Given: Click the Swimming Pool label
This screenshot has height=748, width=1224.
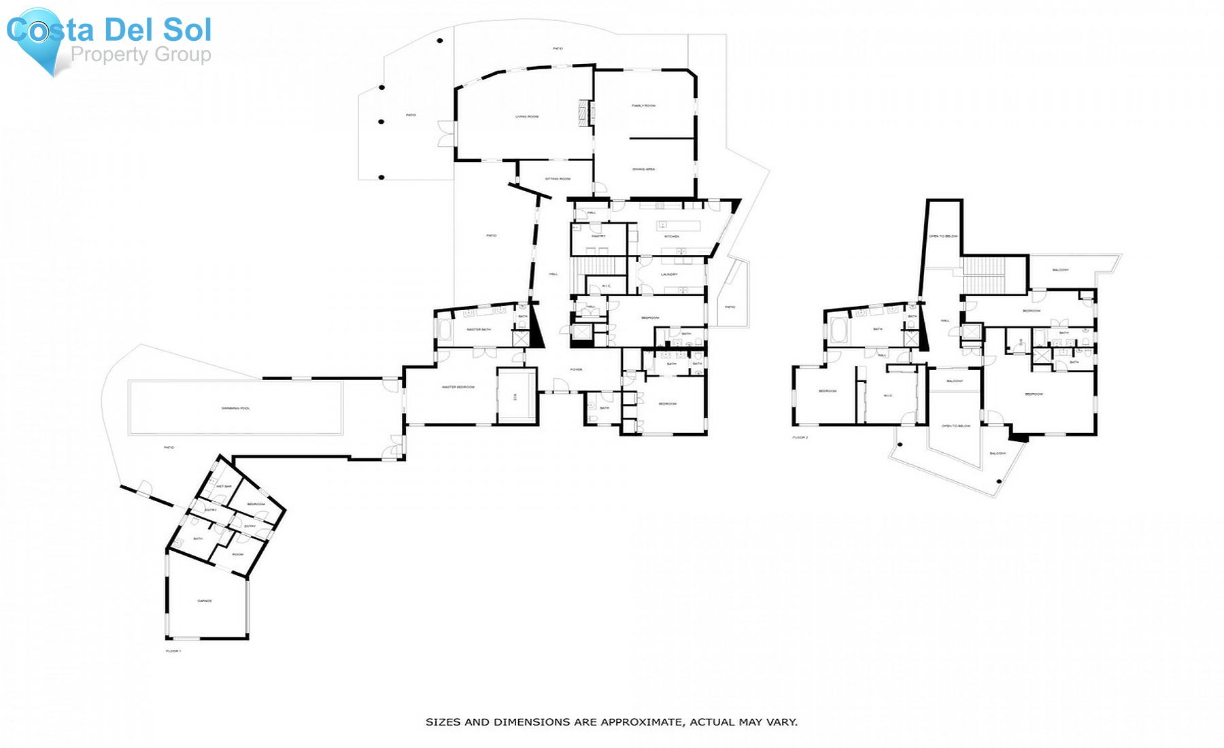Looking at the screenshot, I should (x=235, y=408).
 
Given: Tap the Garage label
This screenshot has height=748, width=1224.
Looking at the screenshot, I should (x=205, y=601).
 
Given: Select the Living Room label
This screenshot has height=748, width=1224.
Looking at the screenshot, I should (x=527, y=117).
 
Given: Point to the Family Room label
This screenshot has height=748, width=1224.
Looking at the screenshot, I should (x=643, y=105).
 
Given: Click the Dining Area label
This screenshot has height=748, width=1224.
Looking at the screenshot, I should (x=643, y=169).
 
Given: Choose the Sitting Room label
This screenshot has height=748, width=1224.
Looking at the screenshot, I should (x=558, y=179).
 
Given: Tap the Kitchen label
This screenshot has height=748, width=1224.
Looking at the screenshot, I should (x=672, y=237).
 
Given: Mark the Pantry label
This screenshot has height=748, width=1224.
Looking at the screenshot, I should (x=598, y=236).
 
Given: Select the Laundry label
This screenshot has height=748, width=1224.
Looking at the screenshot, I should (x=669, y=275).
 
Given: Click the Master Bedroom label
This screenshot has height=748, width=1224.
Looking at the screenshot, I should (x=458, y=387).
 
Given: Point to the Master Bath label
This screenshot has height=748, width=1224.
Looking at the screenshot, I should (x=479, y=330).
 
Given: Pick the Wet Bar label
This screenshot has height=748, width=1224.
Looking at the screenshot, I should (x=224, y=486).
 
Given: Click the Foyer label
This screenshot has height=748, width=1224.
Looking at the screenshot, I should (x=576, y=369).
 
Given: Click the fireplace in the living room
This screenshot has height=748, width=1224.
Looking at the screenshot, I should (x=583, y=112).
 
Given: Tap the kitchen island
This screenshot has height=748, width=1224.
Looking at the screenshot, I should (x=678, y=225).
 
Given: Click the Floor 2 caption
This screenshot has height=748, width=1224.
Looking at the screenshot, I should (x=800, y=437).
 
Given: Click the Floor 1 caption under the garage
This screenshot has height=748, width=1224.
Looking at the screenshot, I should (x=173, y=651).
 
